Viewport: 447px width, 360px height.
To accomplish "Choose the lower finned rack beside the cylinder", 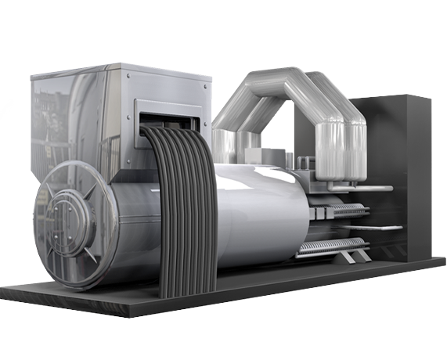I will (329, 246).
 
